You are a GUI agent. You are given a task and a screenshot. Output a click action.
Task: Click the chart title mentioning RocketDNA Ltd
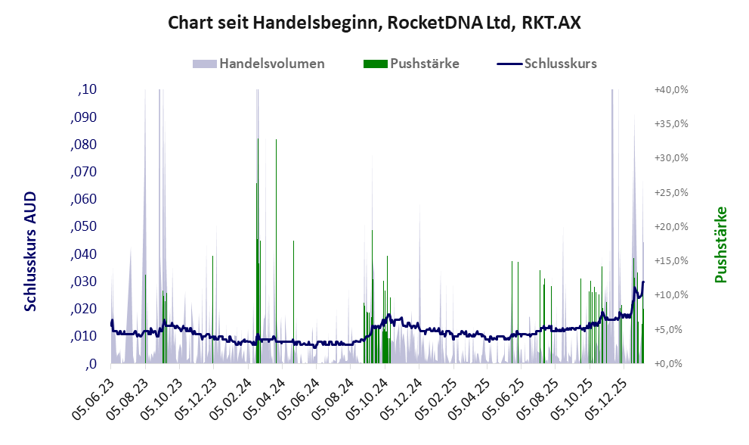pyautogui.click(x=374, y=23)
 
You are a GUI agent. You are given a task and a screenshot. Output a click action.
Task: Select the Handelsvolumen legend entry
pyautogui.click(x=271, y=64)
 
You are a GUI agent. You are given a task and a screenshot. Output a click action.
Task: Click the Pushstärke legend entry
pyautogui.click(x=424, y=64)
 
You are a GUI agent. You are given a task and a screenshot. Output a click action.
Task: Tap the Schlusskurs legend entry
pyautogui.click(x=560, y=64)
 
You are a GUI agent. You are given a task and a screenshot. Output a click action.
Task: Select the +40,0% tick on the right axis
pyautogui.click(x=671, y=89)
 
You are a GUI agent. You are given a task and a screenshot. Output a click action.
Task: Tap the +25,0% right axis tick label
pyautogui.click(x=671, y=192)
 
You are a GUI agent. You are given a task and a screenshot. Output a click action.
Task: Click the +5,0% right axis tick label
pyautogui.click(x=671, y=329)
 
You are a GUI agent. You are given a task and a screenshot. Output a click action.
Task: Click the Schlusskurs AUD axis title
pyautogui.click(x=30, y=251)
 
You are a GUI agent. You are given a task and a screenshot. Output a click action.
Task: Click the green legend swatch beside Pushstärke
pyautogui.click(x=375, y=64)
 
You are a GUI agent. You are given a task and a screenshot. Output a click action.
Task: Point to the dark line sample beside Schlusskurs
pyautogui.click(x=510, y=64)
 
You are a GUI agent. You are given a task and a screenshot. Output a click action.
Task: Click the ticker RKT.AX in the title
pyautogui.click(x=551, y=23)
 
